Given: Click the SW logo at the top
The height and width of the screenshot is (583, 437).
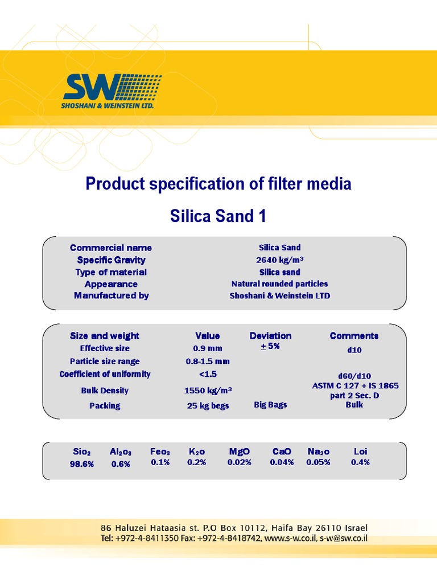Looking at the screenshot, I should (112, 91).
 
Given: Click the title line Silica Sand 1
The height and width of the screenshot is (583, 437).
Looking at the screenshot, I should (218, 216).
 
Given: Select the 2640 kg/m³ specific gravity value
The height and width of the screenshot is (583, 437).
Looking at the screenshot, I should (280, 260).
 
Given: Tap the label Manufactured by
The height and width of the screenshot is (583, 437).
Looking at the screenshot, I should (112, 295).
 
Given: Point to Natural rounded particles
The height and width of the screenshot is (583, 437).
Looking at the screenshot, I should (280, 284).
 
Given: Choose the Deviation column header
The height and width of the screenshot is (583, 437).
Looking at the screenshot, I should (270, 336).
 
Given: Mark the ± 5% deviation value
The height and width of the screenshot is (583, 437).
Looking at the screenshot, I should (270, 346).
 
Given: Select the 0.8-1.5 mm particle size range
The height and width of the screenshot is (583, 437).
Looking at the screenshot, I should (208, 361).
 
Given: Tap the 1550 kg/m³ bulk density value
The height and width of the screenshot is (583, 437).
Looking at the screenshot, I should (208, 391).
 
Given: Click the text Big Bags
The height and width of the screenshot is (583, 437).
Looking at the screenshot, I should (270, 405).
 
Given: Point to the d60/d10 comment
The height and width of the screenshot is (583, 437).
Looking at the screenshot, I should (354, 376).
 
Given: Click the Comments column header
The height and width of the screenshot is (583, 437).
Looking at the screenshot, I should (354, 336).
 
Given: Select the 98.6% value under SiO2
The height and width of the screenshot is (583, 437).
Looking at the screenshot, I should (82, 464).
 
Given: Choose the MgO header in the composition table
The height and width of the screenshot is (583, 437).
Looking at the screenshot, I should (240, 451).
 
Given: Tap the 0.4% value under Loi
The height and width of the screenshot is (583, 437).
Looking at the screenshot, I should (360, 462).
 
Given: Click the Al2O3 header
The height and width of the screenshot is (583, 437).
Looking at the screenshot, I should (121, 452).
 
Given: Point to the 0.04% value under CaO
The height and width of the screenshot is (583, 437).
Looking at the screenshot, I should (282, 462).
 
